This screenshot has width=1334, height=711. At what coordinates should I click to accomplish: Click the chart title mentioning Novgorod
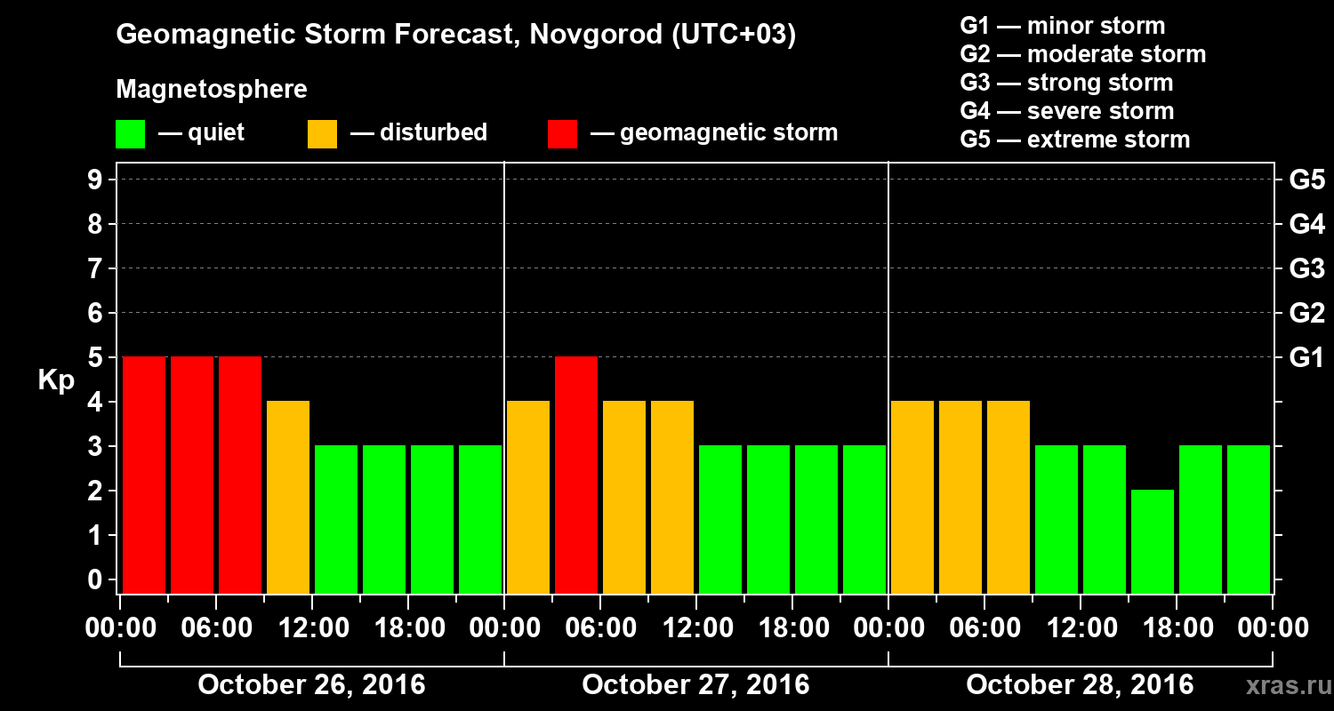pyautogui.click(x=455, y=36)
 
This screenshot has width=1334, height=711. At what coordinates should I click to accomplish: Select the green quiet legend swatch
pyautogui.click(x=130, y=134)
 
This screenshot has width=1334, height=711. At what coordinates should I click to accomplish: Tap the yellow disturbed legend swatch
pyautogui.click(x=322, y=134)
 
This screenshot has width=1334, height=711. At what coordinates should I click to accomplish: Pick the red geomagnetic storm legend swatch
pyautogui.click(x=562, y=134)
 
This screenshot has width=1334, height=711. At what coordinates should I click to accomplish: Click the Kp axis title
pyautogui.click(x=55, y=380)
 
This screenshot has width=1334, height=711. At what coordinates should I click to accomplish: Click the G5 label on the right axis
pyautogui.click(x=1306, y=180)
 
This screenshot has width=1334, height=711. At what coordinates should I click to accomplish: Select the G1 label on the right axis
pyautogui.click(x=1306, y=358)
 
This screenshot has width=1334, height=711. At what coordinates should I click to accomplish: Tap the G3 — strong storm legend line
pyautogui.click(x=1066, y=83)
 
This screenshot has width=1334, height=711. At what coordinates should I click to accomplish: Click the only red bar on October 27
pyautogui.click(x=576, y=475)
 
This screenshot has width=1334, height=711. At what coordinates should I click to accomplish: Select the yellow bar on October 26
pyautogui.click(x=288, y=497)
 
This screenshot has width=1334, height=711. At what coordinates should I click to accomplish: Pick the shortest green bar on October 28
pyautogui.click(x=1153, y=541)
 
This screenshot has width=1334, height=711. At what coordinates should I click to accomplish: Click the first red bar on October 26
pyautogui.click(x=144, y=475)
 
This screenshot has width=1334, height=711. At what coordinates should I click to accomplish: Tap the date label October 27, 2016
pyautogui.click(x=695, y=685)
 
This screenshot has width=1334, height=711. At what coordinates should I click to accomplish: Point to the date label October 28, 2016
pyautogui.click(x=1080, y=685)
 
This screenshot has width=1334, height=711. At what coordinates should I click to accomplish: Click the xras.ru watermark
pyautogui.click(x=1282, y=686)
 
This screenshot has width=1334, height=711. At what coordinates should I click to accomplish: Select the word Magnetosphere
pyautogui.click(x=212, y=90)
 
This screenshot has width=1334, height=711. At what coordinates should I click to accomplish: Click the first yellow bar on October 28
pyautogui.click(x=912, y=497)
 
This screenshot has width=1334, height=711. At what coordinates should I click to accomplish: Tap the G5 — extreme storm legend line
pyautogui.click(x=1074, y=140)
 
